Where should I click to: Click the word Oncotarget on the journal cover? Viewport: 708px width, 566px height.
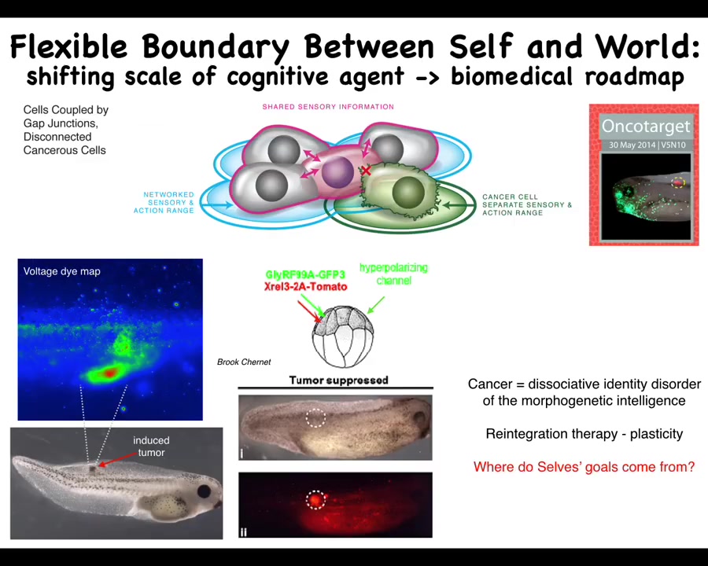point(646,126)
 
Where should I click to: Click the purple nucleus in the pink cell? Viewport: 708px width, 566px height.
point(337,172)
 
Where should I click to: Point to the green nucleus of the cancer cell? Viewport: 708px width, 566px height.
point(408,193)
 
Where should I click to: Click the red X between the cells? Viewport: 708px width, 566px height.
point(366,171)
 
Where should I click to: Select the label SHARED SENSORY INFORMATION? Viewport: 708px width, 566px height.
point(328,107)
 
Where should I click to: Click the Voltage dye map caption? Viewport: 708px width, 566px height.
point(62,271)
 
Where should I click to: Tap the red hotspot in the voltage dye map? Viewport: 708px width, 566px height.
point(109,373)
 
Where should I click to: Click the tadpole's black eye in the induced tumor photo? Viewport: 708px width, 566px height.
point(204,491)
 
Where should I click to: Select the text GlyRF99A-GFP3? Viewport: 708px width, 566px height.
point(305,274)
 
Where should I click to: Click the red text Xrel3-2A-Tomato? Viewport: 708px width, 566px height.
point(306,287)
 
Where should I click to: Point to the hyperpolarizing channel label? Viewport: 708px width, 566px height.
point(394,274)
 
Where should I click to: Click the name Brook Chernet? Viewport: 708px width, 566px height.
point(244,362)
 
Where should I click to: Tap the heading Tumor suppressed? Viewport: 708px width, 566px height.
point(338,380)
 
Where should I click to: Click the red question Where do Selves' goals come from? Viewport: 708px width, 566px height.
point(584,467)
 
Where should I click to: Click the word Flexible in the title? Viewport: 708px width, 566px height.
point(68,46)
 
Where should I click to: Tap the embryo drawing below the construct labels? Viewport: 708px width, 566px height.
point(343,336)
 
